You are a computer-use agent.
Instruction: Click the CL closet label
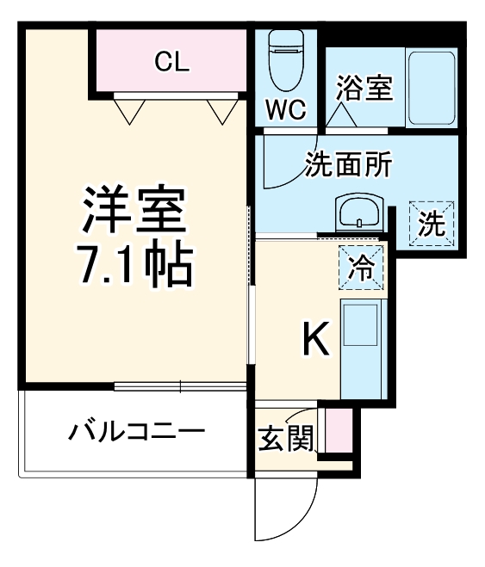[x=171, y=61]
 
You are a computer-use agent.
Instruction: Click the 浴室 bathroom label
[x=364, y=88]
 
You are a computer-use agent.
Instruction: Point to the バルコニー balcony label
[x=137, y=431]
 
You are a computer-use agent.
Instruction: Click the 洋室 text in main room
[x=134, y=209]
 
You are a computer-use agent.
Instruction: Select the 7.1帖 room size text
[x=136, y=268]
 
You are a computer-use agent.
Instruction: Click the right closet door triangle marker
[x=221, y=111]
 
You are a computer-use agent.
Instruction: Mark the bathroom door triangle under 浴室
[x=344, y=115]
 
